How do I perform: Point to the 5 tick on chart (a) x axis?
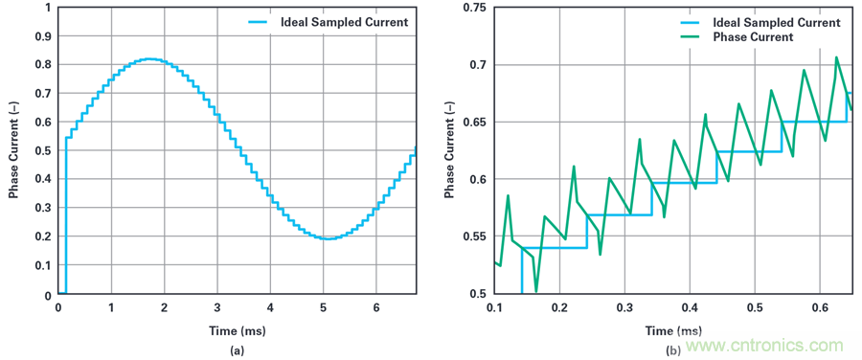(x=324, y=307)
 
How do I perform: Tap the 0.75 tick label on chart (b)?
(x=477, y=9)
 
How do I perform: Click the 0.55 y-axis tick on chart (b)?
(x=477, y=236)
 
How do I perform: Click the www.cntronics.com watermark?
(x=764, y=346)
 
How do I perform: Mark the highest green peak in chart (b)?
(x=836, y=57)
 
